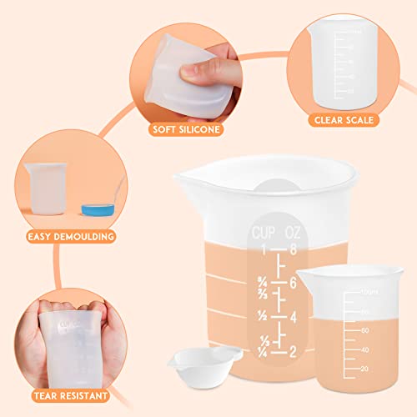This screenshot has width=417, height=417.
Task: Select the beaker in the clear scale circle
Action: [337, 63]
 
